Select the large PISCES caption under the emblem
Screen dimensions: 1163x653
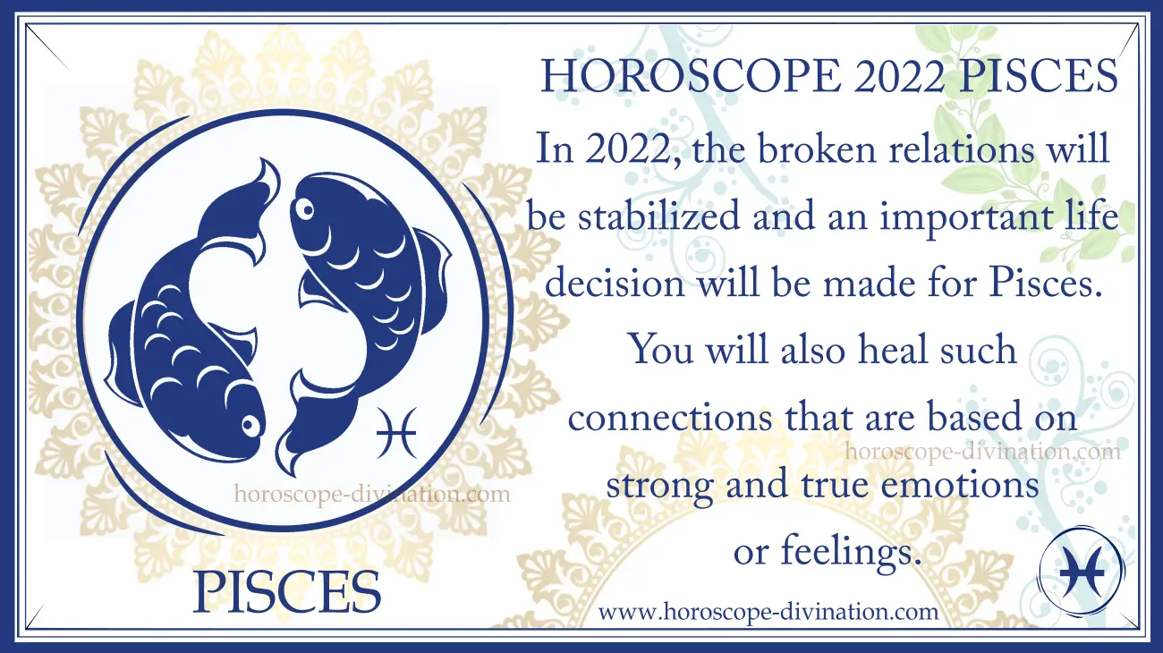[x=287, y=592]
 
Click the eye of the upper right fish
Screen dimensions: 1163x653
[x=305, y=210]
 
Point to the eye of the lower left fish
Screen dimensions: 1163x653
[x=250, y=426]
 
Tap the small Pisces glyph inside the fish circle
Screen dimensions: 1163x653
[x=396, y=432]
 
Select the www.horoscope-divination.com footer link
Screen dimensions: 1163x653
[x=768, y=612]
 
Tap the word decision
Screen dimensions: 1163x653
[x=615, y=284]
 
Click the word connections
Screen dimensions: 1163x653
[x=670, y=419]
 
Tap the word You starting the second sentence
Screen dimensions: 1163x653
[x=662, y=351]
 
